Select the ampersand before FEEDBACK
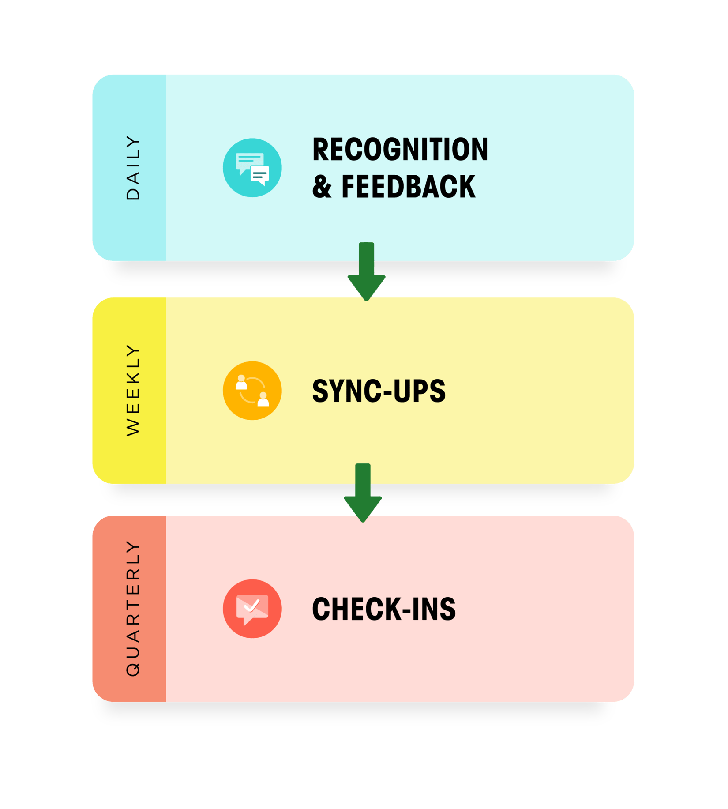[x=322, y=187]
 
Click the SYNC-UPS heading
[x=379, y=391]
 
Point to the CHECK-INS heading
[x=383, y=609]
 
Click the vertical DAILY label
[x=133, y=168]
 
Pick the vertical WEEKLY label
[x=133, y=391]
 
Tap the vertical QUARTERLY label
[x=133, y=608]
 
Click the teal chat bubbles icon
[x=252, y=168]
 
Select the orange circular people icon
[x=252, y=391]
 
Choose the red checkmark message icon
[x=252, y=609]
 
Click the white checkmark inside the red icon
[x=252, y=606]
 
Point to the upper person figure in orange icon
[x=241, y=382]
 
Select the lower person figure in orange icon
[x=263, y=399]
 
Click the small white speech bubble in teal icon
[x=260, y=175]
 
